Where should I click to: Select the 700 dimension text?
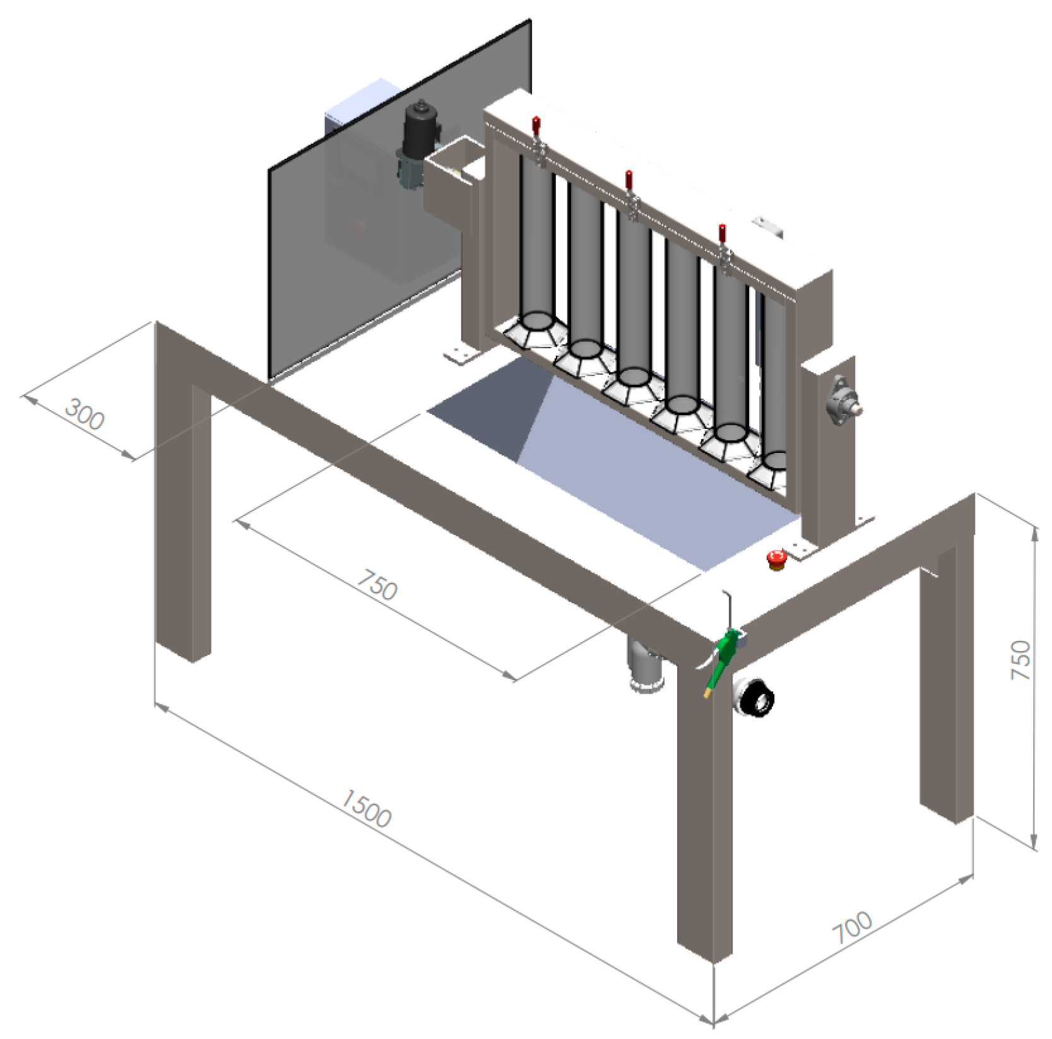tap(852, 928)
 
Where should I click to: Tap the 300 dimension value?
tap(85, 414)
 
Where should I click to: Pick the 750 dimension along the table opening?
tap(377, 585)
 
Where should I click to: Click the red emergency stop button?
tap(776, 558)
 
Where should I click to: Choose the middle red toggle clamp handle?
tap(629, 180)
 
